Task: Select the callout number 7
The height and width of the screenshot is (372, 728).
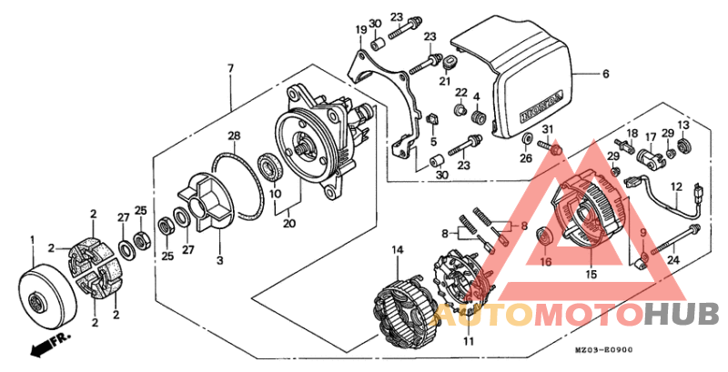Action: (x=231, y=69)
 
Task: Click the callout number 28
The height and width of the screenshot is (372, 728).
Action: (x=234, y=136)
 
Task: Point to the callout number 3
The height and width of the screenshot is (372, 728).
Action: (x=220, y=261)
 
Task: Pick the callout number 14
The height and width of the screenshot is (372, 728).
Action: (x=397, y=248)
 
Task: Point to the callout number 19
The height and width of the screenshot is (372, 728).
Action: (x=360, y=30)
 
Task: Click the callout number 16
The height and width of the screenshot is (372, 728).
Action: (x=546, y=262)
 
